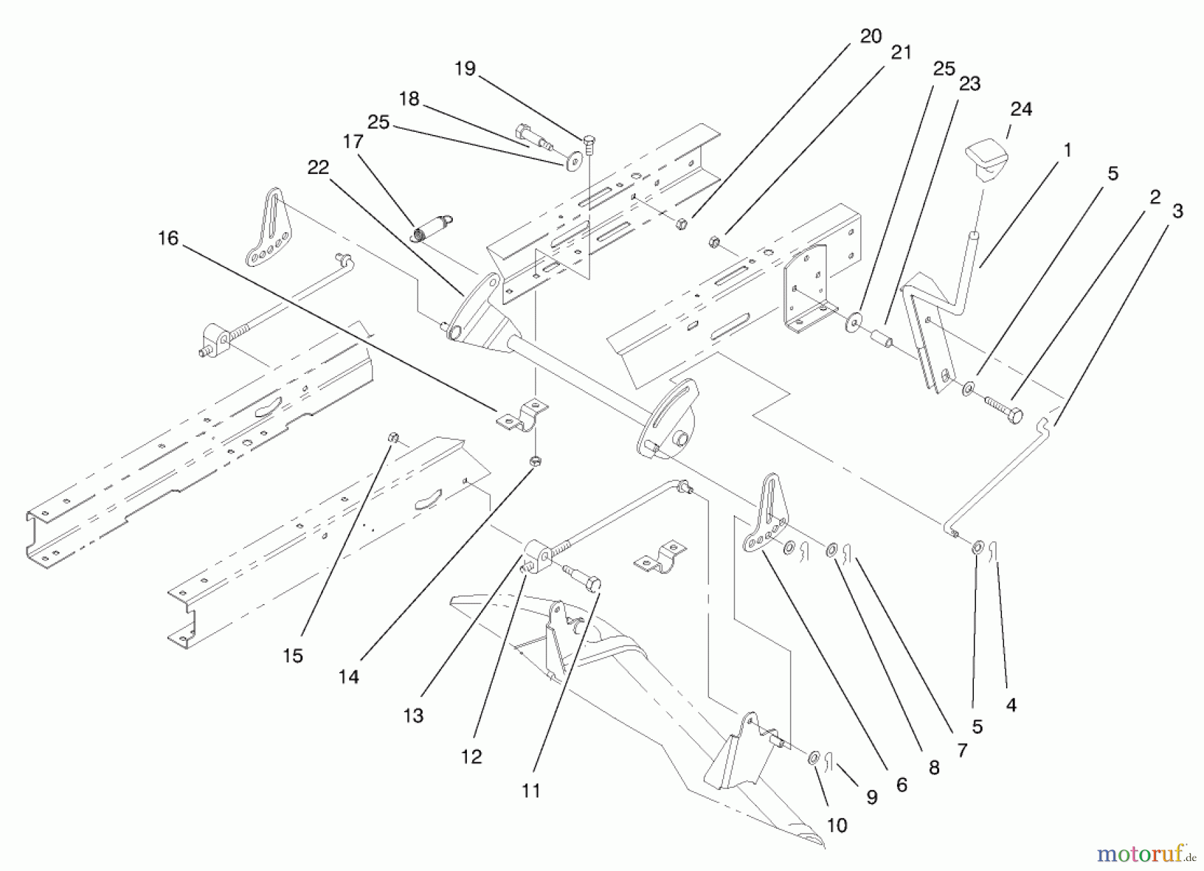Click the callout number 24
coord(1021,109)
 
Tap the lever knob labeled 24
coord(986,159)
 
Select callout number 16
coord(169,238)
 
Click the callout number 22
coord(318,167)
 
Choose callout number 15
coord(292,656)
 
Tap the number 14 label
coord(348,677)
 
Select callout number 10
coord(837,825)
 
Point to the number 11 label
coord(530,791)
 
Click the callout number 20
coord(870,37)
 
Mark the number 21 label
coord(901,53)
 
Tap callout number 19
coord(465,68)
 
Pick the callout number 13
coord(413,716)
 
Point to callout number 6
coord(902,785)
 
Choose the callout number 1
coord(1067,151)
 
